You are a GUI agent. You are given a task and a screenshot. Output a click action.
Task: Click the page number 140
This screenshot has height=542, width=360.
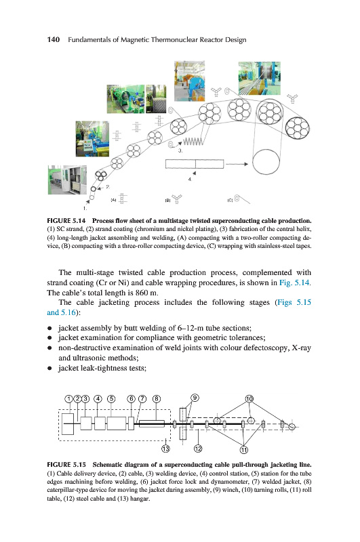point(54,39)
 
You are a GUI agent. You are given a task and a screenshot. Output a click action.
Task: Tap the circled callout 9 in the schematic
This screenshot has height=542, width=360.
point(195,398)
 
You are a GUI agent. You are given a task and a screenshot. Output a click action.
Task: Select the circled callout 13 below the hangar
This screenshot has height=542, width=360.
point(165,449)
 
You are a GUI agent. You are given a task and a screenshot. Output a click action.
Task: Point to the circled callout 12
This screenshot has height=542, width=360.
point(198,449)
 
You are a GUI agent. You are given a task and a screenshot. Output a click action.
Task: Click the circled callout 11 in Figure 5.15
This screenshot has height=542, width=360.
point(244,449)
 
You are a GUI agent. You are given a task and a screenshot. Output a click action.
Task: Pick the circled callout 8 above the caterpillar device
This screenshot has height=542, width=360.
point(157,399)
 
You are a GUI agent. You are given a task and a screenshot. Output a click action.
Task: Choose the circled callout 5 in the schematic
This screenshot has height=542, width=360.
point(111,399)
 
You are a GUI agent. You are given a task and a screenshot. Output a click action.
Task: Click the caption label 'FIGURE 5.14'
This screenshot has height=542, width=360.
point(66,221)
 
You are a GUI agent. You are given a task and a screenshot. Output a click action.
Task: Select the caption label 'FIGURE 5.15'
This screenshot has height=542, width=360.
point(66,464)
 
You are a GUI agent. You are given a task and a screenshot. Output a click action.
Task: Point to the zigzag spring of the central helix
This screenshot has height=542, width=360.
point(192,142)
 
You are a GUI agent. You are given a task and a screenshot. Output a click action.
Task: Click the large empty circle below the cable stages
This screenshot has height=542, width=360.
point(266,162)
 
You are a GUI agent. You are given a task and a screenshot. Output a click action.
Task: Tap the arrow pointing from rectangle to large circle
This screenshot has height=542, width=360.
point(237,164)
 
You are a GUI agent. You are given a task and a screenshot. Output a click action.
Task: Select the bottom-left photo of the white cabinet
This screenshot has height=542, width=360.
point(67,180)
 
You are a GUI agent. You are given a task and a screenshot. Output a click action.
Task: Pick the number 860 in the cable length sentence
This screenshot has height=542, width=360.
point(142,293)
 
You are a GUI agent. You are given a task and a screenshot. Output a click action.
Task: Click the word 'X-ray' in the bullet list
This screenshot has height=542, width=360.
point(301,348)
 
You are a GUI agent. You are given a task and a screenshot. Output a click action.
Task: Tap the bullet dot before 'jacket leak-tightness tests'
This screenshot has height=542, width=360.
point(49,368)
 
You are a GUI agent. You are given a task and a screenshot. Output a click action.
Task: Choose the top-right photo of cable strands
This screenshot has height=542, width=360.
point(260,78)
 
